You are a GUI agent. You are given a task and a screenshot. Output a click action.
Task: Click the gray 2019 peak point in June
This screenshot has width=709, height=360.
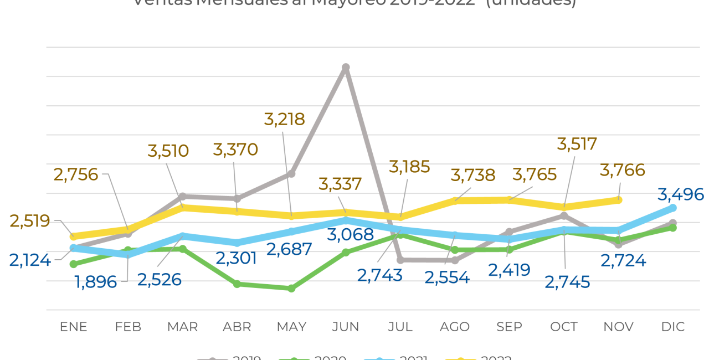click(346, 68)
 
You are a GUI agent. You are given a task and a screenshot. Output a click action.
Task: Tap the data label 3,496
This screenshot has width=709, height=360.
click(681, 194)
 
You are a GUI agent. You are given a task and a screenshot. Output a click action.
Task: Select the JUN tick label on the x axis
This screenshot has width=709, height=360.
click(346, 327)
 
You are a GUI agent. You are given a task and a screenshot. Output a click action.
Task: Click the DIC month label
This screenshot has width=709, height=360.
click(672, 327)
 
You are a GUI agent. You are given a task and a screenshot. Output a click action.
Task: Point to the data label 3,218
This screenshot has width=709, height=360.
click(285, 119)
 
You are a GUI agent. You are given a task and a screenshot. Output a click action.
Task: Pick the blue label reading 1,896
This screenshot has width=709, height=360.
click(96, 282)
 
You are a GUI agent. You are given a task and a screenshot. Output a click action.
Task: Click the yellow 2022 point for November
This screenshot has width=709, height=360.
click(619, 200)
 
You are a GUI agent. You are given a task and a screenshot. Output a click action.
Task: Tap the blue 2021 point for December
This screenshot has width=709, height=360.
click(673, 208)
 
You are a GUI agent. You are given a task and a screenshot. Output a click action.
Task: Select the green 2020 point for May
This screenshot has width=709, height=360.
click(291, 289)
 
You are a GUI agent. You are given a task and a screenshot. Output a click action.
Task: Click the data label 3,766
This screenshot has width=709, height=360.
click(623, 170)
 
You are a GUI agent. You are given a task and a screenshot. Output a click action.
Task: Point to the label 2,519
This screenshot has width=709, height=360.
click(30, 221)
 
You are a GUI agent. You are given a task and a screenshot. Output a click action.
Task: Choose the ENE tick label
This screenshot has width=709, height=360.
click(74, 327)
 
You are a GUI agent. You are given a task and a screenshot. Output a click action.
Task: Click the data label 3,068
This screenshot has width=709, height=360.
click(350, 234)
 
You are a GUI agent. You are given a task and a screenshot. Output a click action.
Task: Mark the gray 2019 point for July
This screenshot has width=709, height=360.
click(400, 260)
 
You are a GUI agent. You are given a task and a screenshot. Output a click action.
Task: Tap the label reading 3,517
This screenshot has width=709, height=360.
click(577, 144)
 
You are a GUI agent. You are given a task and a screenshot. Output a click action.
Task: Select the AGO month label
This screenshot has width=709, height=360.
click(455, 327)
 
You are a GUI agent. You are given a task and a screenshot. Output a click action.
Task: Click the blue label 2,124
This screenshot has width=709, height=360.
click(30, 259)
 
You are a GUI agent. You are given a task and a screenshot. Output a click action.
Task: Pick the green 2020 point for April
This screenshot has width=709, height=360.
click(237, 284)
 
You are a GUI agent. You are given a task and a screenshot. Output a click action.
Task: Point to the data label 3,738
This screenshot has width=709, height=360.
click(473, 175)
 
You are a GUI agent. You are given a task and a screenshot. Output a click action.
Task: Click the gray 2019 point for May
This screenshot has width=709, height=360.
click(291, 174)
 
